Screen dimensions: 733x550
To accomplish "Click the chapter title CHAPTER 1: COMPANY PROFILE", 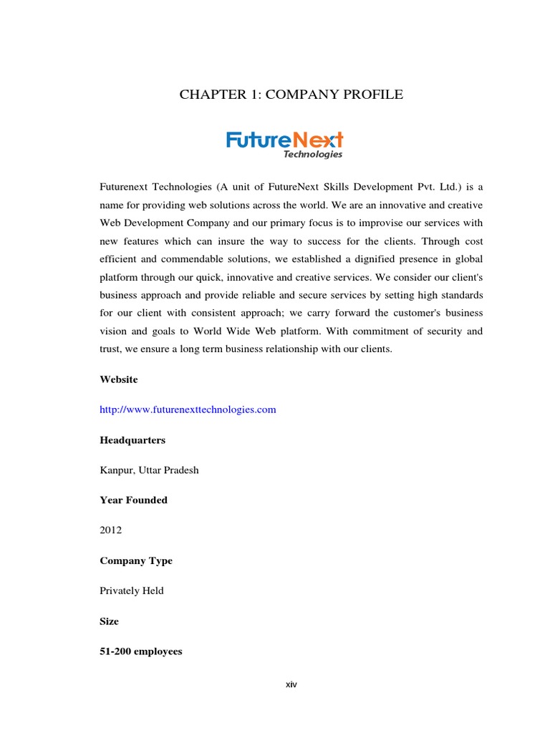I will click(x=291, y=94).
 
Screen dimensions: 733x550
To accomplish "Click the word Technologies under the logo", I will click(x=313, y=154).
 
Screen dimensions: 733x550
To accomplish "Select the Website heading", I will click(x=119, y=379).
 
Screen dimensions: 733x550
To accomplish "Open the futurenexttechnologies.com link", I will click(x=188, y=409).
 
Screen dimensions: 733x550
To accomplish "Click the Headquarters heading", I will click(x=132, y=440).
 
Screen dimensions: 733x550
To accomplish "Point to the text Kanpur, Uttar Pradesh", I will click(x=150, y=470).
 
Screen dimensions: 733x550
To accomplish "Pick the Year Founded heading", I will click(x=133, y=500).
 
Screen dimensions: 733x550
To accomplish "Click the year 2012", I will click(x=111, y=530).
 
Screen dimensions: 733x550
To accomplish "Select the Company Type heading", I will click(x=136, y=560).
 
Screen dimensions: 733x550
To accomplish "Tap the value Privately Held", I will click(x=132, y=591).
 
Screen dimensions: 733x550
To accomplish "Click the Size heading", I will click(x=109, y=621).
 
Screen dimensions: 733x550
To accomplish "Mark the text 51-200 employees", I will click(x=141, y=651).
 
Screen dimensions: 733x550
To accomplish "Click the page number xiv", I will click(x=291, y=684).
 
